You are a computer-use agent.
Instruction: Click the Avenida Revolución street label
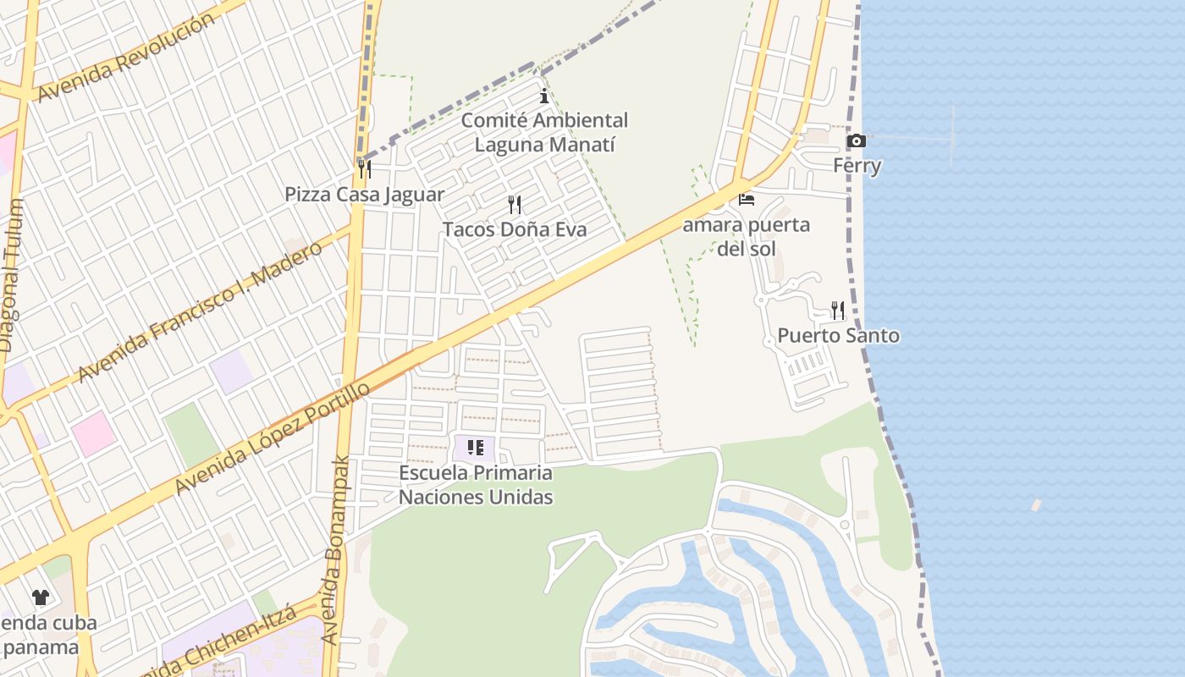[126, 57]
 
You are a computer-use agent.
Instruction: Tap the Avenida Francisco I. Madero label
[201, 311]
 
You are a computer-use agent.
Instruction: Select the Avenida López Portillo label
[273, 438]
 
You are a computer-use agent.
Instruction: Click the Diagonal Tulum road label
[11, 276]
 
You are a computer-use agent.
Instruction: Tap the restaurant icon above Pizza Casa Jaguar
[364, 169]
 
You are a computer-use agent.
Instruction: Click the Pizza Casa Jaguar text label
[364, 195]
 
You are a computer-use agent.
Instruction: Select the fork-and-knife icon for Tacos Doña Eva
[514, 204]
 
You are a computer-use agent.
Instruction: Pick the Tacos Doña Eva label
[514, 229]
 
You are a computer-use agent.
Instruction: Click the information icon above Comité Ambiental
[543, 96]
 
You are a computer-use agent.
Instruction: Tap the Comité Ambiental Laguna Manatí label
[544, 133]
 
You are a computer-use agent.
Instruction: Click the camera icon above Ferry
[857, 140]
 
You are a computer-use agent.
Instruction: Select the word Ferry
[857, 166]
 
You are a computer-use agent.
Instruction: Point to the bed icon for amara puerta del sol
[746, 200]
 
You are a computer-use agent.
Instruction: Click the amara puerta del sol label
[746, 237]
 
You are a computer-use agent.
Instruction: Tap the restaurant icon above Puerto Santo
[838, 311]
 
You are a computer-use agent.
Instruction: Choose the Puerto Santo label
[838, 336]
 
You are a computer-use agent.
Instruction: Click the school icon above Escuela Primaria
[475, 448]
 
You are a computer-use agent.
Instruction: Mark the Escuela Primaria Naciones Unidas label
[475, 485]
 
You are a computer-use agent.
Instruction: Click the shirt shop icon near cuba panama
[40, 597]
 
